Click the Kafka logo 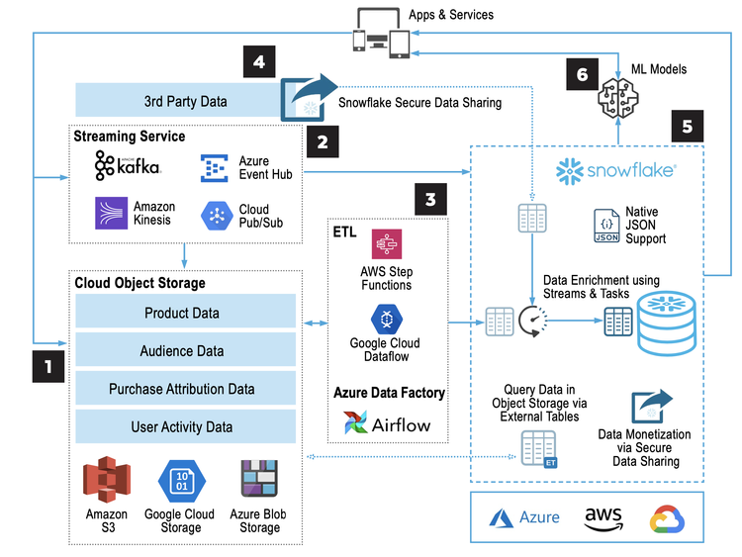pyautogui.click(x=128, y=166)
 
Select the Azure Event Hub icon pyautogui.click(x=215, y=168)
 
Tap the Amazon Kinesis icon pyautogui.click(x=110, y=214)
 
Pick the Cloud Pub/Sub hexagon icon pyautogui.click(x=215, y=215)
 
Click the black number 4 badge pyautogui.click(x=258, y=65)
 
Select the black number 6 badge pyautogui.click(x=583, y=74)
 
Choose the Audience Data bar pyautogui.click(x=183, y=350)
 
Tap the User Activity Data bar pyautogui.click(x=183, y=426)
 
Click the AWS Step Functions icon pyautogui.click(x=387, y=244)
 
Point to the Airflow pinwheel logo pyautogui.click(x=353, y=423)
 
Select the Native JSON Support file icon pyautogui.click(x=606, y=227)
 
